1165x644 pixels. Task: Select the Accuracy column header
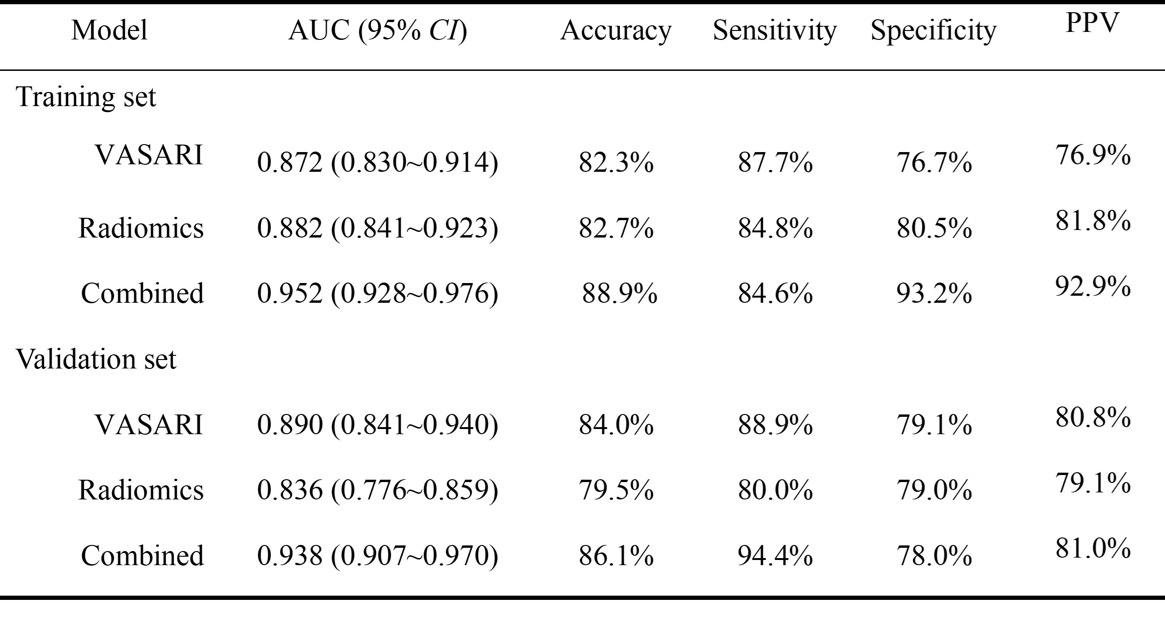616,31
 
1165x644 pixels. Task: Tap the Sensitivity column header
775,31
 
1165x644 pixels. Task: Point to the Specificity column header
934,31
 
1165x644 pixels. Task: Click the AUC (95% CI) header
378,31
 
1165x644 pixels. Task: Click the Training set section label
86,97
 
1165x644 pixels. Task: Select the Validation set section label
96,359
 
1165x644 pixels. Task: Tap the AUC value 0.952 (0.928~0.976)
378,293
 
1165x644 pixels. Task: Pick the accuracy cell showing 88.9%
619,293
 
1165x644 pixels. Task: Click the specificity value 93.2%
934,293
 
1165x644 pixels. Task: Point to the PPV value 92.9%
1093,286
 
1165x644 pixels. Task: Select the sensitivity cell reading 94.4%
775,556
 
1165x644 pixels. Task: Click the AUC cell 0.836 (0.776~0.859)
378,490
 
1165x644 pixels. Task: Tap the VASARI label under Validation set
149,424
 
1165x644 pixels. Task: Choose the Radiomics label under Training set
141,228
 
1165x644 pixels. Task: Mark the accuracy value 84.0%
616,424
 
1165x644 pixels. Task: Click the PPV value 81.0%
1093,548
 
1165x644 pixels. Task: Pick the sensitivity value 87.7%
775,162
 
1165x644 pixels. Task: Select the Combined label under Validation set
142,556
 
